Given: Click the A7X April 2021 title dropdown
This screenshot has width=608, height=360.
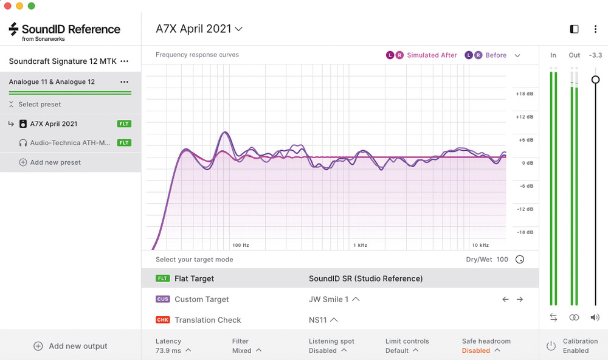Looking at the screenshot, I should pos(199,29).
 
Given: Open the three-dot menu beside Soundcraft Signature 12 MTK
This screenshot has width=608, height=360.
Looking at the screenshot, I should pos(125,61).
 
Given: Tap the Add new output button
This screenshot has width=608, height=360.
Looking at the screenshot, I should pos(71,346).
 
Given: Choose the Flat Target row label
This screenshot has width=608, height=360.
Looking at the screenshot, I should pos(194,279).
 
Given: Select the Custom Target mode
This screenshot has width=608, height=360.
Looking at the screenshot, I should pos(201,299).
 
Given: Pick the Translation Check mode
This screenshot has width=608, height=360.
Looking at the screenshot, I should pos(207,320).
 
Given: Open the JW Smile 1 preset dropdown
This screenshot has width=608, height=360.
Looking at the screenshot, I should pos(334,299).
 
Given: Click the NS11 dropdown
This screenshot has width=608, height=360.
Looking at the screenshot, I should pos(323,320).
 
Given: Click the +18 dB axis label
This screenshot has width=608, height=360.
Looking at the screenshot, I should pos(524,94).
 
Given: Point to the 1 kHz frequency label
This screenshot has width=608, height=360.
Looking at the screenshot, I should pos(361,246).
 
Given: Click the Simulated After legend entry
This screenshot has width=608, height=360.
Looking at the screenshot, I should pos(431,55).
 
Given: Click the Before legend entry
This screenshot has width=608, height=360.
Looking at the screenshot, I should pos(496,55).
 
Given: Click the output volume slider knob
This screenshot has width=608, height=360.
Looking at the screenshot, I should pos(596,80).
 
